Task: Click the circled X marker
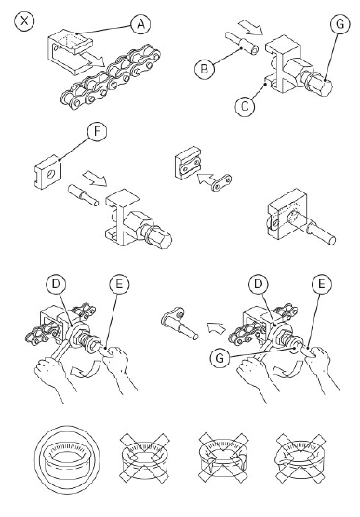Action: coord(24,21)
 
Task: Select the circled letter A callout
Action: coord(140,24)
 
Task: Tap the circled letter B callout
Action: coord(205,69)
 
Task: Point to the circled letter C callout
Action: coord(245,107)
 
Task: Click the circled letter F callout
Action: coord(97,131)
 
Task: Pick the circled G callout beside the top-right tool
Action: coord(340,24)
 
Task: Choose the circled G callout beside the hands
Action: coord(220,358)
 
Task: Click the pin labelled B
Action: coord(242,44)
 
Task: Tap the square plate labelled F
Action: coord(47,172)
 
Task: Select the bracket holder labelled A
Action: coord(70,51)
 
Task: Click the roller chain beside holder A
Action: coord(111,79)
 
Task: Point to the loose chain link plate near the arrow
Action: coord(221,182)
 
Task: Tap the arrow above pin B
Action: coord(250,27)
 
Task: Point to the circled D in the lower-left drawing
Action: coord(56,285)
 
